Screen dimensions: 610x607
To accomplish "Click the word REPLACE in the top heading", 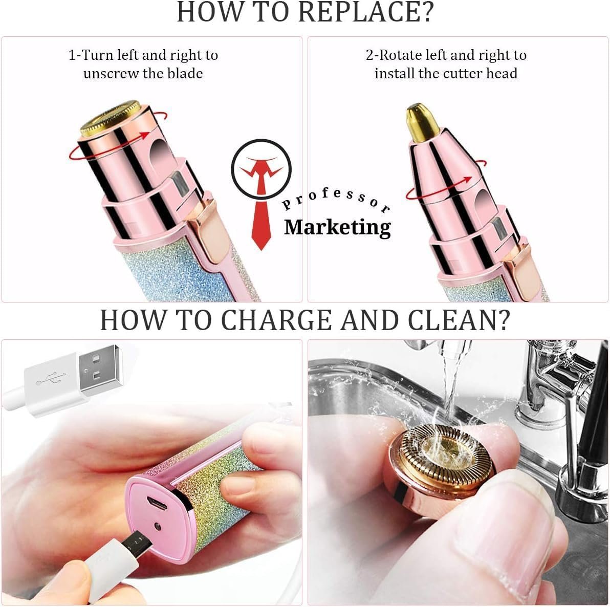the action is click(x=365, y=12).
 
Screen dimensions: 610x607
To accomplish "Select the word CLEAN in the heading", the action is click(x=459, y=320).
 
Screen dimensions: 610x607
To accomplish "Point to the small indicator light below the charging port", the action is click(x=158, y=527).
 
